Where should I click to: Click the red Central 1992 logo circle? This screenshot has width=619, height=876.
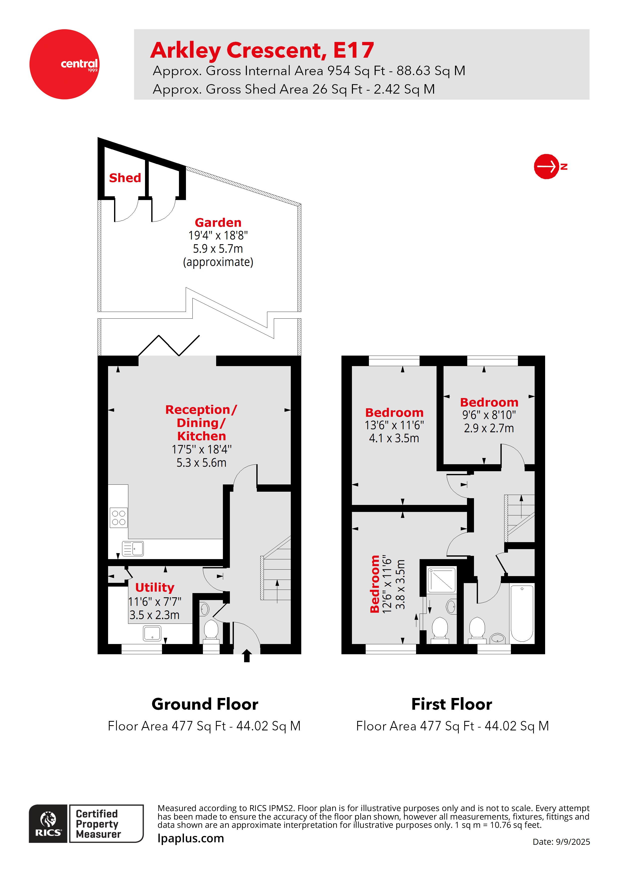tap(64, 64)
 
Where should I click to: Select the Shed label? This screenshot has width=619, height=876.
tap(125, 178)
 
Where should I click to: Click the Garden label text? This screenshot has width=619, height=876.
tap(218, 222)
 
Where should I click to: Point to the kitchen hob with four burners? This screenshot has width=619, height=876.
tap(119, 518)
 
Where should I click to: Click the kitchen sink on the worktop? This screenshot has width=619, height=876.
tap(133, 549)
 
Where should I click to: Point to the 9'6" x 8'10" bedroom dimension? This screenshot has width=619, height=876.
tap(489, 415)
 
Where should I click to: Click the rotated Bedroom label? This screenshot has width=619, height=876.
tap(375, 584)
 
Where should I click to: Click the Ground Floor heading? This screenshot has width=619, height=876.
tap(205, 704)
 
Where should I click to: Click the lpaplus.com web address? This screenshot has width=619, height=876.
tap(191, 838)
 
